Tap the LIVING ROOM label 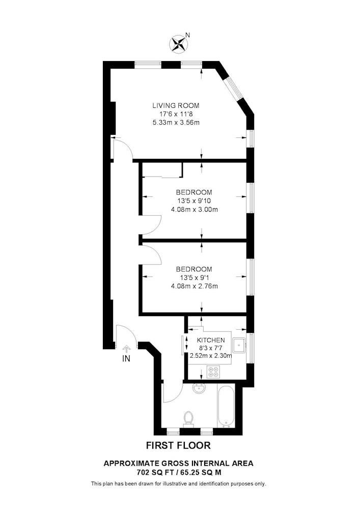176,105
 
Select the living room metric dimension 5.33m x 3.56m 176,123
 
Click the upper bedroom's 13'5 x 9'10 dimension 193,201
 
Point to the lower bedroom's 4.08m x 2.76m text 194,286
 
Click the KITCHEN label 211,340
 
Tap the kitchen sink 239,345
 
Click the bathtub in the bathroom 226,406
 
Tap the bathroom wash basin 199,388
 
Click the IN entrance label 126,359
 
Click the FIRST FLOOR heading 178,445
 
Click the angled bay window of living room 234,89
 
